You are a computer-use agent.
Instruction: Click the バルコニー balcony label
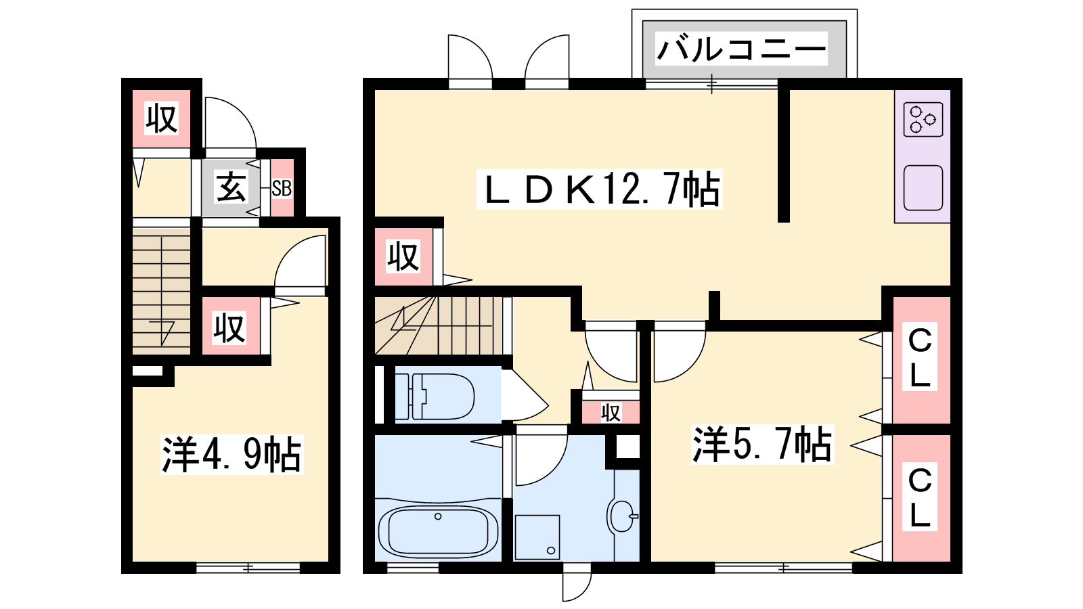click(741, 49)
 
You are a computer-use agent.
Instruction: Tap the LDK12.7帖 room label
click(600, 189)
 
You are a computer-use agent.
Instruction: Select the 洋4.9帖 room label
click(231, 454)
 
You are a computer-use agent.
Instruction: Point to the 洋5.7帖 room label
click(762, 444)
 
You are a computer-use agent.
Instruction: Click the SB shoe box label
click(282, 188)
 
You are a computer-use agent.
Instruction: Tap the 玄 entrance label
click(231, 188)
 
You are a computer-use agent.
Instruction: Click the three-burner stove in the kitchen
click(923, 119)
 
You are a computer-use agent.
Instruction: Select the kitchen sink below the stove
click(923, 188)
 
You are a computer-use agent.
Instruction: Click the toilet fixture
click(434, 397)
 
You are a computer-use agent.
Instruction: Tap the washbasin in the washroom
click(622, 516)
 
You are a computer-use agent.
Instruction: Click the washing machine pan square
click(537, 537)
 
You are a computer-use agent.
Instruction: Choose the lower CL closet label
click(920, 497)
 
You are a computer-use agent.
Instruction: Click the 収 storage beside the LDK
click(403, 256)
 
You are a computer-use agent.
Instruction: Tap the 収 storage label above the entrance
click(162, 118)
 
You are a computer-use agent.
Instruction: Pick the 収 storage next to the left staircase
click(230, 328)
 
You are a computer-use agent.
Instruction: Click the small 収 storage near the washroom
click(610, 412)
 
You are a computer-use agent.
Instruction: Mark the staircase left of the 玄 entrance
click(162, 291)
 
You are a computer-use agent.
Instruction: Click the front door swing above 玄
click(231, 122)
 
